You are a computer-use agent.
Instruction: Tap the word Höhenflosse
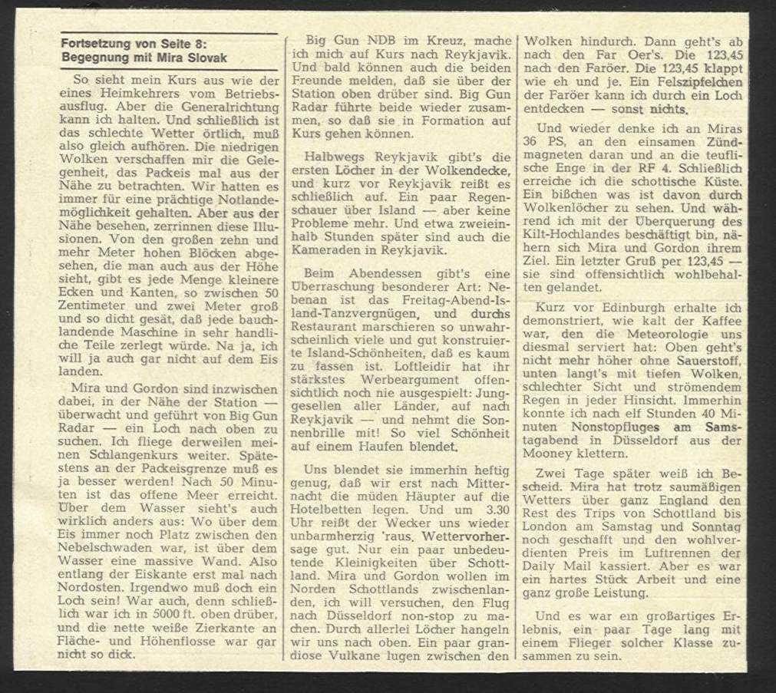178,641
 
